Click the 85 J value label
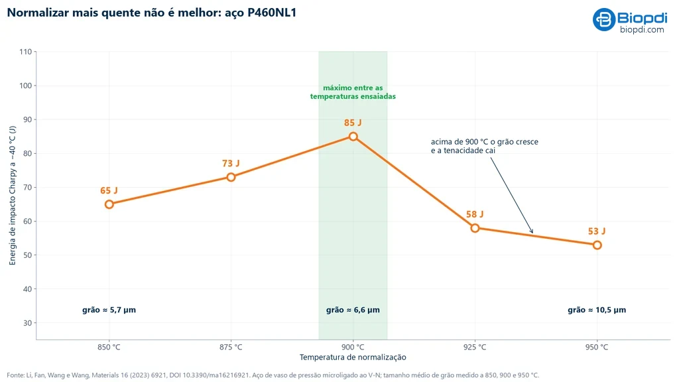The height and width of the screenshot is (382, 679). (x=353, y=123)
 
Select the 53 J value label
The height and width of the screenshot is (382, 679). (x=597, y=231)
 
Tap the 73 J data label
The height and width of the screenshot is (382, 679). (x=231, y=163)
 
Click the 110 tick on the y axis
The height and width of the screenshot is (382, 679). (x=26, y=52)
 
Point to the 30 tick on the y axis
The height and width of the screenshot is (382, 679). (x=27, y=323)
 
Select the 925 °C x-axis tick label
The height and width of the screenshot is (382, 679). (x=475, y=347)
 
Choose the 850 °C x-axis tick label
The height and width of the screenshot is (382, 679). (x=109, y=347)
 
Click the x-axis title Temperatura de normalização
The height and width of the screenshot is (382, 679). (x=353, y=357)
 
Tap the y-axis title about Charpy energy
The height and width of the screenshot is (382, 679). (x=12, y=196)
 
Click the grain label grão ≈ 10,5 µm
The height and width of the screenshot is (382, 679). (x=597, y=310)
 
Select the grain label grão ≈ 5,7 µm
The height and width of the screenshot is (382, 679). (x=109, y=310)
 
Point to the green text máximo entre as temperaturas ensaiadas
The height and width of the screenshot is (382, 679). (x=353, y=92)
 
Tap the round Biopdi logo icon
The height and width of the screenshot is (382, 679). (x=604, y=19)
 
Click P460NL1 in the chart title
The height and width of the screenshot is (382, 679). (x=272, y=13)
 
